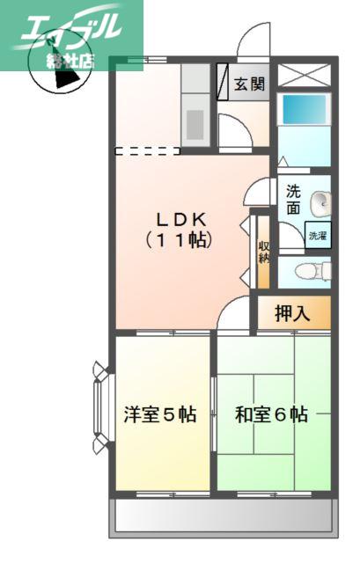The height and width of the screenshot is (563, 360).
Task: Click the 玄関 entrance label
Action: click(249, 84)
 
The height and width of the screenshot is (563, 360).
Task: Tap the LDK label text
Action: click(182, 219)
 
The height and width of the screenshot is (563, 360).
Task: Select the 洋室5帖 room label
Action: click(160, 414)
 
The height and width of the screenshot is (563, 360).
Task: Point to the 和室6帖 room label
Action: click(271, 414)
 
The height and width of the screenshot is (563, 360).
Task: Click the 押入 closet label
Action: click(292, 313)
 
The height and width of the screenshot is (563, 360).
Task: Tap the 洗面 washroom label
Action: click(293, 200)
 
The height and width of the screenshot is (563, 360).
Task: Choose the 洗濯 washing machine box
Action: click(318, 236)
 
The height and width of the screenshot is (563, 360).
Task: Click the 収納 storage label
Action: click(264, 252)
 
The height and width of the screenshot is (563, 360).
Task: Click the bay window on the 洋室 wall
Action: click(102, 406)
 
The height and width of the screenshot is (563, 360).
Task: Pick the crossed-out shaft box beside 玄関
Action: click(305, 75)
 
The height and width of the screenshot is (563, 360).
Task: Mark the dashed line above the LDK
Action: click(148, 151)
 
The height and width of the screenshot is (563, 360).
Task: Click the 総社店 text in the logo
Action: click(70, 62)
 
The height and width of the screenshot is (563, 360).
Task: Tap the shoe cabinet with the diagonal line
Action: click(223, 82)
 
